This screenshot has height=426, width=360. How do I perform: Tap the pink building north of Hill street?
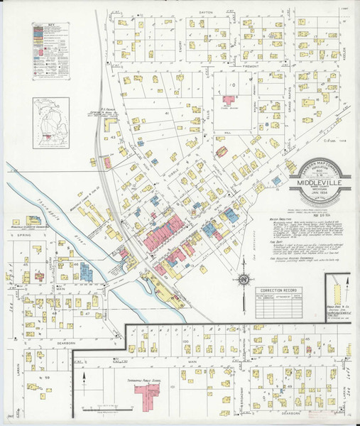(x=230, y=102)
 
